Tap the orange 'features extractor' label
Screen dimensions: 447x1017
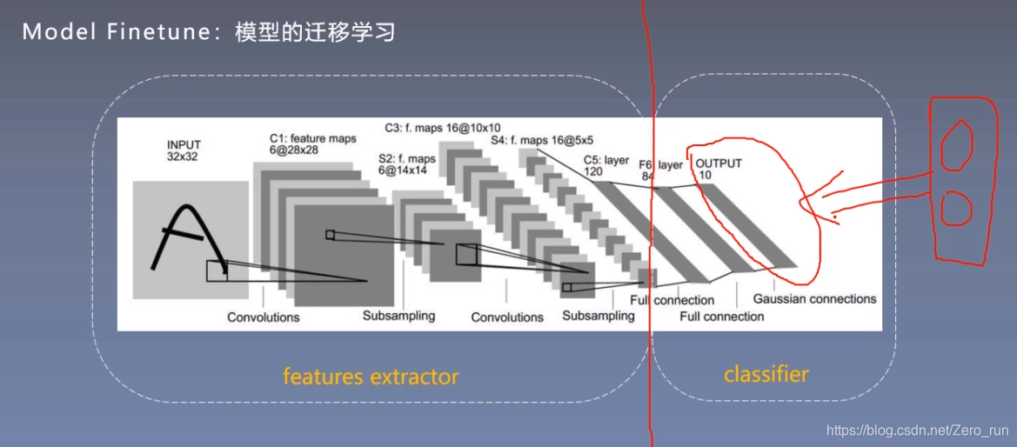[370, 377]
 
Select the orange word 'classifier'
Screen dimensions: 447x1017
[766, 375]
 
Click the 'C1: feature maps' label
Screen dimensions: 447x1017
[312, 144]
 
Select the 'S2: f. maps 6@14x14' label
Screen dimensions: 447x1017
[406, 165]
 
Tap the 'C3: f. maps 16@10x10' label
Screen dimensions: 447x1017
[443, 127]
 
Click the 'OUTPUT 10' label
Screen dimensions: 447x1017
[719, 169]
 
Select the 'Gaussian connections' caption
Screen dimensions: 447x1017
[814, 299]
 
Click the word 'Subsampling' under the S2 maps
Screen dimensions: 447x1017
[398, 316]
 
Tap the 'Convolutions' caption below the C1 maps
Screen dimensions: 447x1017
[263, 317]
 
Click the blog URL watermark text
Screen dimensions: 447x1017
[916, 430]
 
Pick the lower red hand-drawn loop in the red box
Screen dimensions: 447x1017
[958, 209]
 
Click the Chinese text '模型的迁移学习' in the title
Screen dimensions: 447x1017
[315, 33]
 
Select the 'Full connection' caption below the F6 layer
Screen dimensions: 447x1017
[721, 317]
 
